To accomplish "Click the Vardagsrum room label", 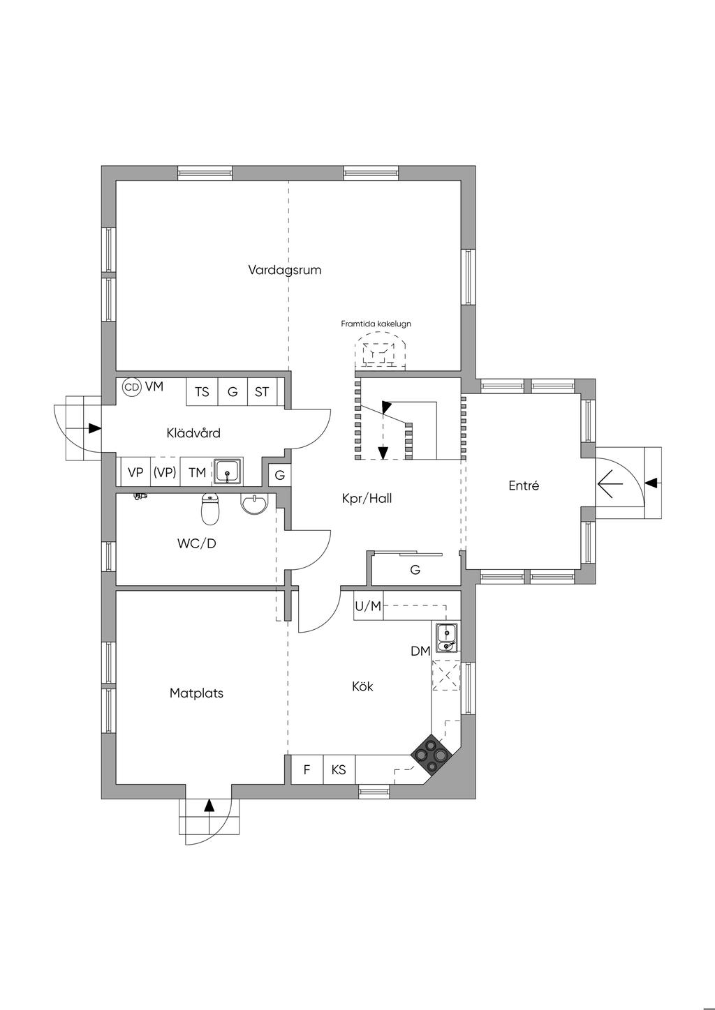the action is click(284, 270).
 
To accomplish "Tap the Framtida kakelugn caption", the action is click(376, 324).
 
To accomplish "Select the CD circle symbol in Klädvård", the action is click(132, 387).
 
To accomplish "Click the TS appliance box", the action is click(202, 391).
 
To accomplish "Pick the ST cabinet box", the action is click(262, 391).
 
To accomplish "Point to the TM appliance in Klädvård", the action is click(197, 472).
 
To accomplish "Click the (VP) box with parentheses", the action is click(165, 472).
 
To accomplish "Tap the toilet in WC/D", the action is click(210, 508).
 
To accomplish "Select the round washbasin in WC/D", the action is click(255, 504).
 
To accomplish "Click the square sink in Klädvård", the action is click(228, 472).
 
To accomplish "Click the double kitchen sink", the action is click(447, 638).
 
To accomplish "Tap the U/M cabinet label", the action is click(368, 606).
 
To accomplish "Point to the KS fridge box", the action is click(339, 769).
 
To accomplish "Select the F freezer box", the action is click(307, 769).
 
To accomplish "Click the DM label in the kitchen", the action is click(420, 651).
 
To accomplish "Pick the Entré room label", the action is click(524, 485).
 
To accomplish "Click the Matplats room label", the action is click(196, 693).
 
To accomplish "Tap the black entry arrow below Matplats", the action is click(209, 806).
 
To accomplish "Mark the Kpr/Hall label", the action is click(367, 499).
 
